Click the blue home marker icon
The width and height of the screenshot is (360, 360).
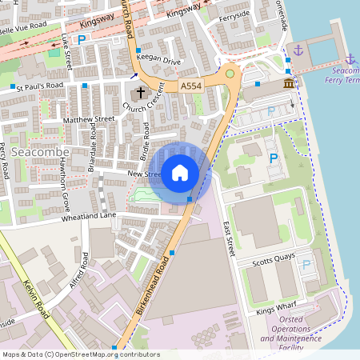(180, 172)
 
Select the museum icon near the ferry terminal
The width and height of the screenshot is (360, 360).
(287, 83)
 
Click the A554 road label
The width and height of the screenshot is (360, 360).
(191, 86)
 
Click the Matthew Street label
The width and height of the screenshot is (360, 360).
(89, 120)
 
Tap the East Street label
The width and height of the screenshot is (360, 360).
(231, 238)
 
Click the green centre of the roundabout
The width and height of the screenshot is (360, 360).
(230, 74)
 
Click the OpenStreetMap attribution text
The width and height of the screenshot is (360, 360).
(80, 354)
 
